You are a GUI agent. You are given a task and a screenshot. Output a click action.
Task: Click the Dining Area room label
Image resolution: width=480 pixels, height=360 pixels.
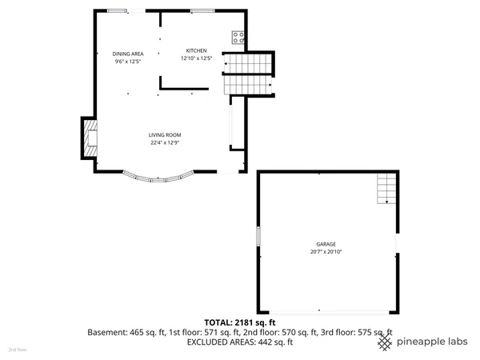click(127, 53)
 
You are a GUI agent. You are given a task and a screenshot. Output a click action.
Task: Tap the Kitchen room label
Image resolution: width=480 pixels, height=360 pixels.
click(196, 50)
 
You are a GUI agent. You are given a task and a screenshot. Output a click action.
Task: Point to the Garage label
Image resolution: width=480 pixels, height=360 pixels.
click(325, 244)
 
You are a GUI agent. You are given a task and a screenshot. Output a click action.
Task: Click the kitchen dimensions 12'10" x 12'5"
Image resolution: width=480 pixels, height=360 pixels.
click(196, 58)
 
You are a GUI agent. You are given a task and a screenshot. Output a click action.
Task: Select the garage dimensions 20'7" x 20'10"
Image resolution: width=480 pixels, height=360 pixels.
click(325, 252)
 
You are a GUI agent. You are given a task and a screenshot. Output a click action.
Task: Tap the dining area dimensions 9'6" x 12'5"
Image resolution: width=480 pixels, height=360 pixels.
click(127, 61)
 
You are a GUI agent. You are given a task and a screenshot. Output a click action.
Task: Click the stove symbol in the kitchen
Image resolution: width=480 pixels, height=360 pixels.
click(238, 36)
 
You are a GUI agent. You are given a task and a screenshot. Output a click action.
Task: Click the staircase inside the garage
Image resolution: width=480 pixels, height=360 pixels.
click(386, 189)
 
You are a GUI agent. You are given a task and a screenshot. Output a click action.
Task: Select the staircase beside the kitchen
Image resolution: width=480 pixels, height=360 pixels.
click(247, 73)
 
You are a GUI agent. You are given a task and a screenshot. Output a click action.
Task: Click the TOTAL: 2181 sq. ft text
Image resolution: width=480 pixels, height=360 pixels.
click(239, 322)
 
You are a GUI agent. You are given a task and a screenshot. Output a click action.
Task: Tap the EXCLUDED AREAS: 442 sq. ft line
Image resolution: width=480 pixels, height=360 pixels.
click(239, 342)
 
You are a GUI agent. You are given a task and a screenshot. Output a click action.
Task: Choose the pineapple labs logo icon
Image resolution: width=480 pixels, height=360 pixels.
click(385, 342)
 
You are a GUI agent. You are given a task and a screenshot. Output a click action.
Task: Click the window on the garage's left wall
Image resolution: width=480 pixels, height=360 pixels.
click(258, 238)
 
